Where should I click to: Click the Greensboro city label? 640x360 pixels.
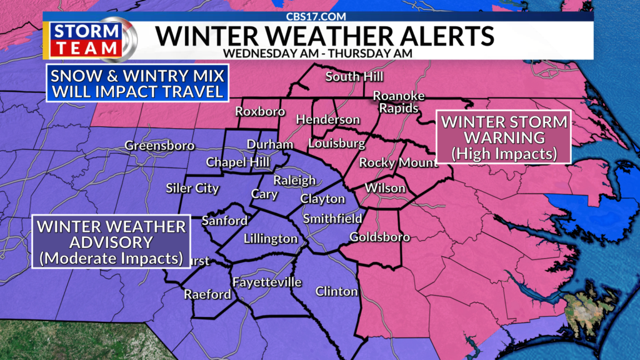(x=159, y=146)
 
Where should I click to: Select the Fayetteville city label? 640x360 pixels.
(x=267, y=282)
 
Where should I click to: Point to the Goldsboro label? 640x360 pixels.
(x=379, y=237)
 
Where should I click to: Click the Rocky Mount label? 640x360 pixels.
(x=398, y=163)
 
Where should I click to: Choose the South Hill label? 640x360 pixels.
(x=354, y=77)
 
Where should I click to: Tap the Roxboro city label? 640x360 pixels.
(x=260, y=112)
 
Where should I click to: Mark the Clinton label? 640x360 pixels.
(x=337, y=291)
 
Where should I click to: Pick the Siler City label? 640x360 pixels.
(x=192, y=188)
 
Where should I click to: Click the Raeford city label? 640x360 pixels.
(x=207, y=294)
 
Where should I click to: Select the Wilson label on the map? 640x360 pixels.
(x=385, y=188)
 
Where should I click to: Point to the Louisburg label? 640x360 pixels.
(x=336, y=144)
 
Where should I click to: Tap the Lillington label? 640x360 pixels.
(x=271, y=239)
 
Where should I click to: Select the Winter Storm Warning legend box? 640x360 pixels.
(x=504, y=137)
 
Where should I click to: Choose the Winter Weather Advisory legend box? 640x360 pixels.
(x=111, y=242)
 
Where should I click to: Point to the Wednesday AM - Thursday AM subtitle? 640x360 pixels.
(x=317, y=53)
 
